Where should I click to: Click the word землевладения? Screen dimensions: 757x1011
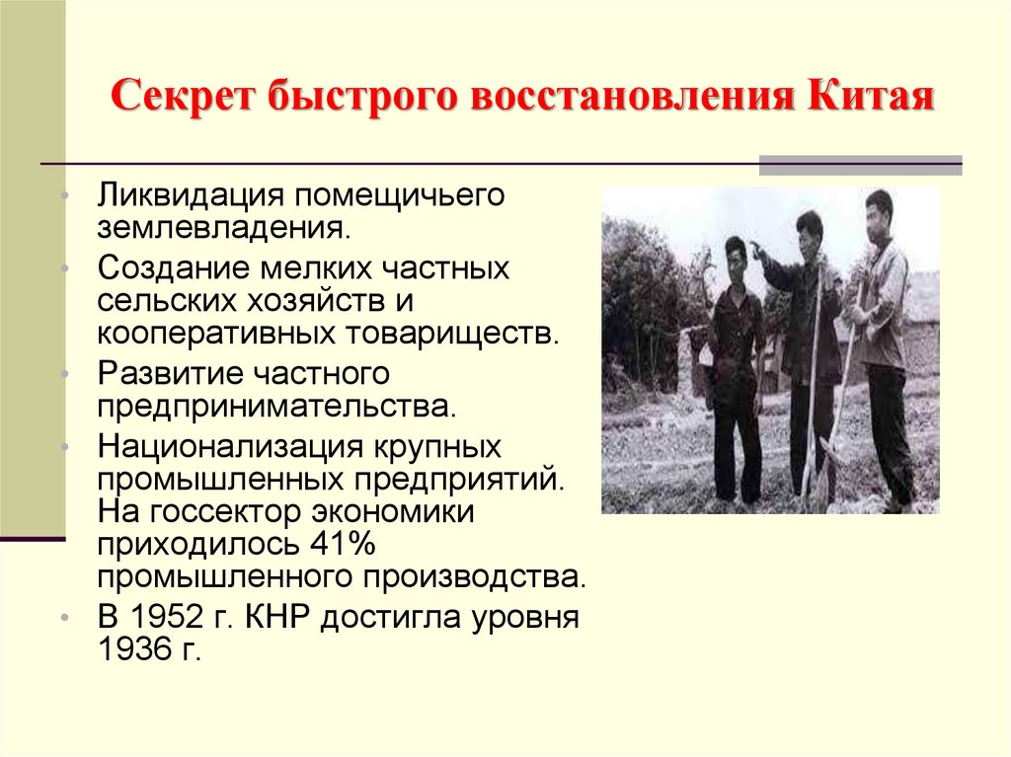pyautogui.click(x=223, y=229)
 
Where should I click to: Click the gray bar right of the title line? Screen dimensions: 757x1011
pyautogui.click(x=859, y=165)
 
